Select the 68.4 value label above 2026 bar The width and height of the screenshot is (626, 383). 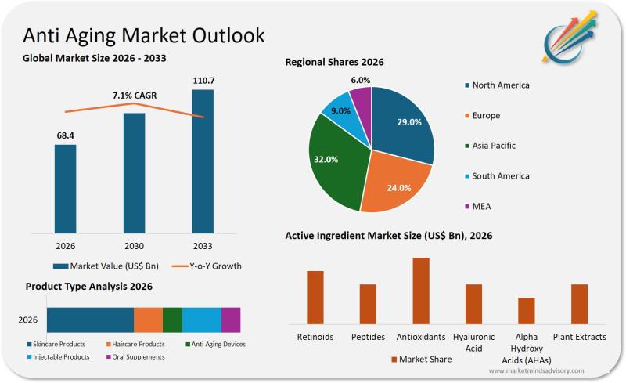tap(66, 135)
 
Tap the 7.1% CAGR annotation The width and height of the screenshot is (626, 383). tap(135, 96)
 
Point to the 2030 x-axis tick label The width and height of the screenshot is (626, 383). tap(135, 246)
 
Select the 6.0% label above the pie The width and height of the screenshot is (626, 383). tap(361, 80)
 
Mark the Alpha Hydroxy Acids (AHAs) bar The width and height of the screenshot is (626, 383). tap(527, 310)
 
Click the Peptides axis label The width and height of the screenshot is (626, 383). tap(368, 337)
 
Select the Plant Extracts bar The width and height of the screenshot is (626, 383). tap(579, 303)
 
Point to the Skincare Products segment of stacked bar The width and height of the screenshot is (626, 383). tap(90, 320)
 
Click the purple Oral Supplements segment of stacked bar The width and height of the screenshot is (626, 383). tap(231, 320)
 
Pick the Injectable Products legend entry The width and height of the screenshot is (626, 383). tap(59, 357)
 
